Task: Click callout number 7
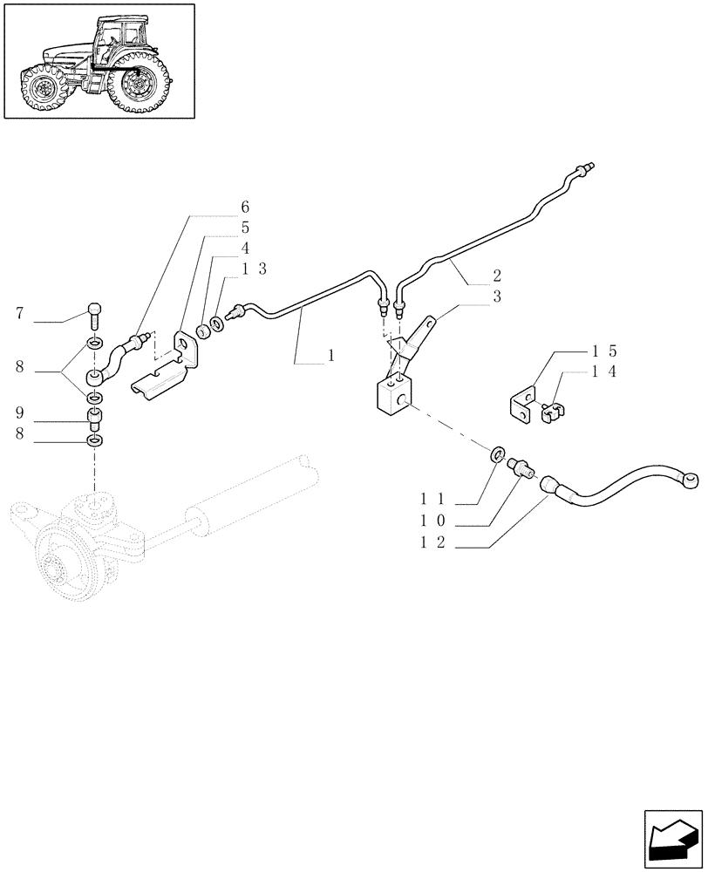point(20,311)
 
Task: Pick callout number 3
point(497,297)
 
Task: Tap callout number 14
point(604,372)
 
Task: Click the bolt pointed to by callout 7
point(94,311)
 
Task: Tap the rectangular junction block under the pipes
point(392,394)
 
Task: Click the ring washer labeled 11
point(498,453)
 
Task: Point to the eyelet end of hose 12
point(692,477)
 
